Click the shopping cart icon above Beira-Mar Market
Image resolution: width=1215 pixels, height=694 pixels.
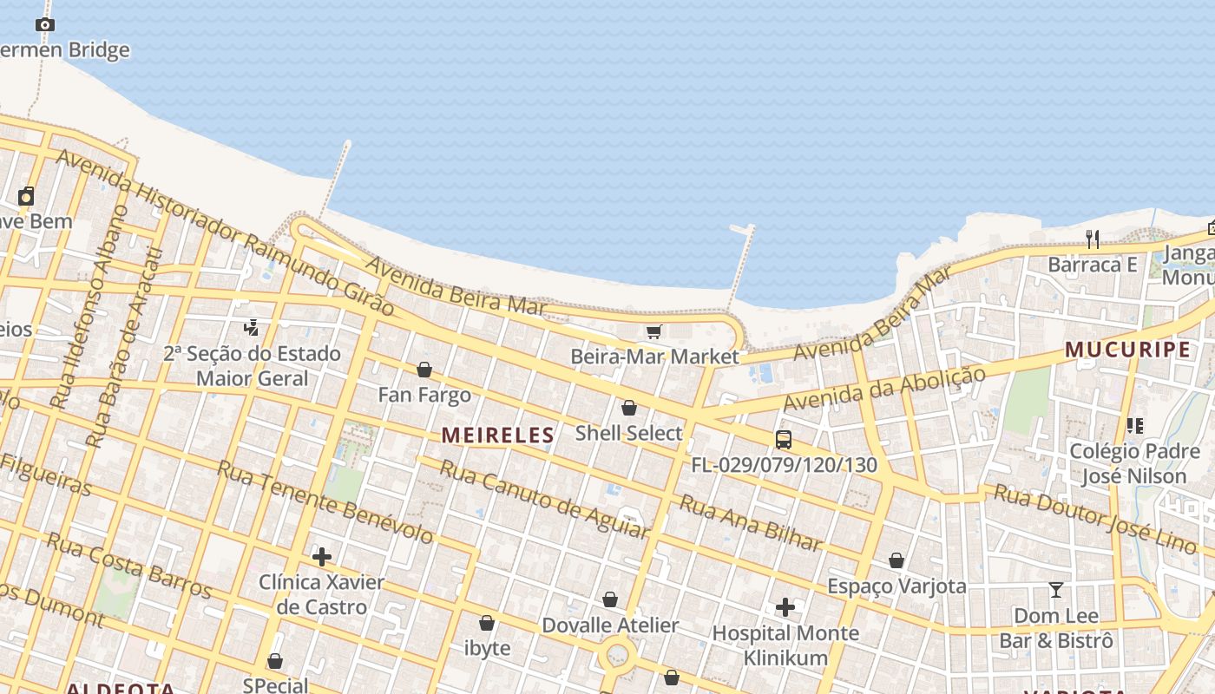coord(653,331)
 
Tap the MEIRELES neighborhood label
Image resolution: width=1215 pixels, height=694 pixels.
coord(497,435)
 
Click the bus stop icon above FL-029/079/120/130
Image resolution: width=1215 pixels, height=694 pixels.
coord(784,440)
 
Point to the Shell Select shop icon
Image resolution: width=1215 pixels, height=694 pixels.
coord(629,408)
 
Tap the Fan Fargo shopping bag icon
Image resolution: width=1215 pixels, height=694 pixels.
coord(424,370)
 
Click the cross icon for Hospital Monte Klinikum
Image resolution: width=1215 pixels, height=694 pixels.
coord(785,607)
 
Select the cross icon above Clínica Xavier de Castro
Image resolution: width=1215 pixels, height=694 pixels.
coord(322,557)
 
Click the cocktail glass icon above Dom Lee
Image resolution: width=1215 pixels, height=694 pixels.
coord(1056,591)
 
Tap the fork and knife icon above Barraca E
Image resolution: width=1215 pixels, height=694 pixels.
coord(1093,239)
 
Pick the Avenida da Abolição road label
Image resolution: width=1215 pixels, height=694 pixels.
coord(884,390)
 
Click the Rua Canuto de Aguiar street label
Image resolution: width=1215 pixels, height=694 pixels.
coord(544,499)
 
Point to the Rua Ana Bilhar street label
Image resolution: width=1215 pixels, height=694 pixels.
coord(751,523)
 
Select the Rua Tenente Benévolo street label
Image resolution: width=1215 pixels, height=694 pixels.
coord(325,502)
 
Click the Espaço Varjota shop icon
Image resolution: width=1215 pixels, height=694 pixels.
coord(896,561)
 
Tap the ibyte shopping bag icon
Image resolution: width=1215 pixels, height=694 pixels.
coord(487,624)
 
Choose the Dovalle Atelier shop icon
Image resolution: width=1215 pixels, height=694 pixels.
coord(610,600)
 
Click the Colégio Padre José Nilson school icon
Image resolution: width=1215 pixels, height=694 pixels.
coord(1134,426)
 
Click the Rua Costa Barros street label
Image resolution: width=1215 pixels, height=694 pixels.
coord(129,566)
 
